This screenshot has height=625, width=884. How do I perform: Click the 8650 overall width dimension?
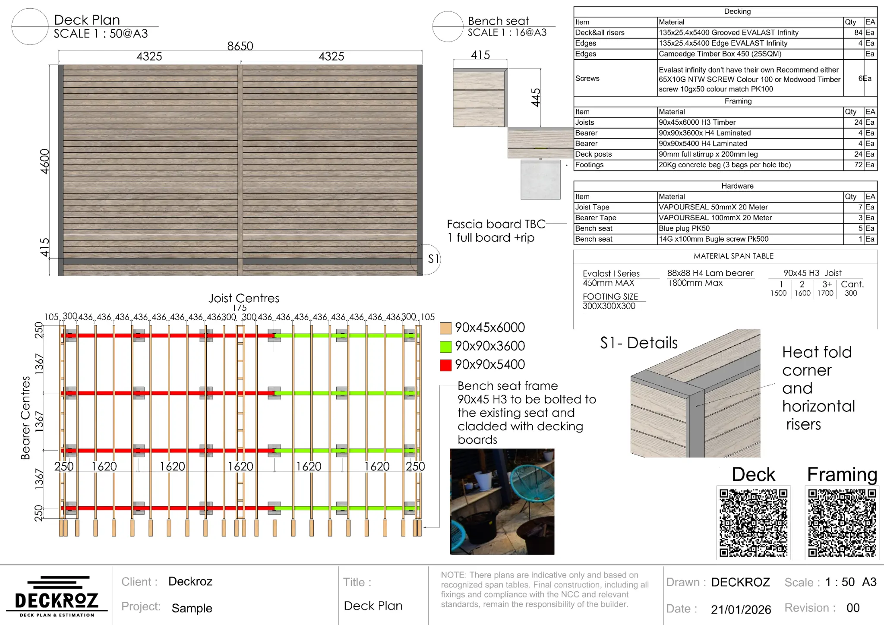coord(240,46)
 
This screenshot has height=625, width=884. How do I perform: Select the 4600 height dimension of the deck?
coord(44,161)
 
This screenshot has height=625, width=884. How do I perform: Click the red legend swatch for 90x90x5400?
coord(445,365)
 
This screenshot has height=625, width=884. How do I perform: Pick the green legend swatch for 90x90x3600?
coord(445,347)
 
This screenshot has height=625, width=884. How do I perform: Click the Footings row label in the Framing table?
coord(589,165)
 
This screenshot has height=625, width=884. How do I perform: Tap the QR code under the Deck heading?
coord(753,523)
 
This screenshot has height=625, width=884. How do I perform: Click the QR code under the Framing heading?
coord(842,523)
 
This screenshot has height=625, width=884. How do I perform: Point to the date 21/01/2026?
coord(741,609)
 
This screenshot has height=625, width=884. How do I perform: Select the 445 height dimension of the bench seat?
coord(536,98)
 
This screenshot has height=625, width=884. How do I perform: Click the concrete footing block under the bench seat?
coord(540,180)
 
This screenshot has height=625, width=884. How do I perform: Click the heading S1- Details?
coord(639,343)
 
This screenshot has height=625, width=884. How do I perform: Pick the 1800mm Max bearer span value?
coord(695,283)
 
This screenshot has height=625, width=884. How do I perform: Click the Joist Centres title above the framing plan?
coord(244,298)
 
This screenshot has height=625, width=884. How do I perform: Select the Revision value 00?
coord(852,608)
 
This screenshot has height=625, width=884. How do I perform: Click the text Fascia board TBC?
coord(496,224)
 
